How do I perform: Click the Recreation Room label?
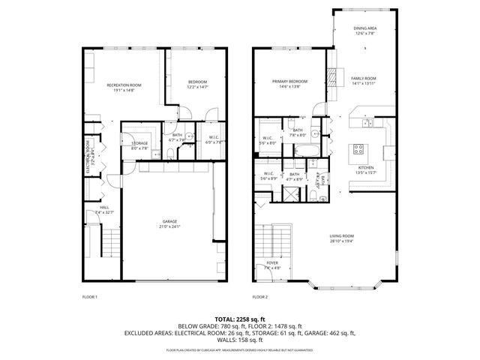click(124, 85)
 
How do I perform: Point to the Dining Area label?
click(364, 28)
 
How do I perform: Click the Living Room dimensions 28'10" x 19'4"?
click(341, 241)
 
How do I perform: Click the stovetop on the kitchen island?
click(358, 148)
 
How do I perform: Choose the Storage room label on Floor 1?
click(139, 143)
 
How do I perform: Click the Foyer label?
click(273, 263)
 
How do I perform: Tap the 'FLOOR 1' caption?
click(90, 297)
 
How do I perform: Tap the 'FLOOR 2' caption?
click(260, 297)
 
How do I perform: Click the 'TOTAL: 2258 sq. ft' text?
click(239, 319)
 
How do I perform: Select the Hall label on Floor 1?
click(103, 208)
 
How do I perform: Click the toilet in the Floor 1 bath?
click(171, 153)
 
